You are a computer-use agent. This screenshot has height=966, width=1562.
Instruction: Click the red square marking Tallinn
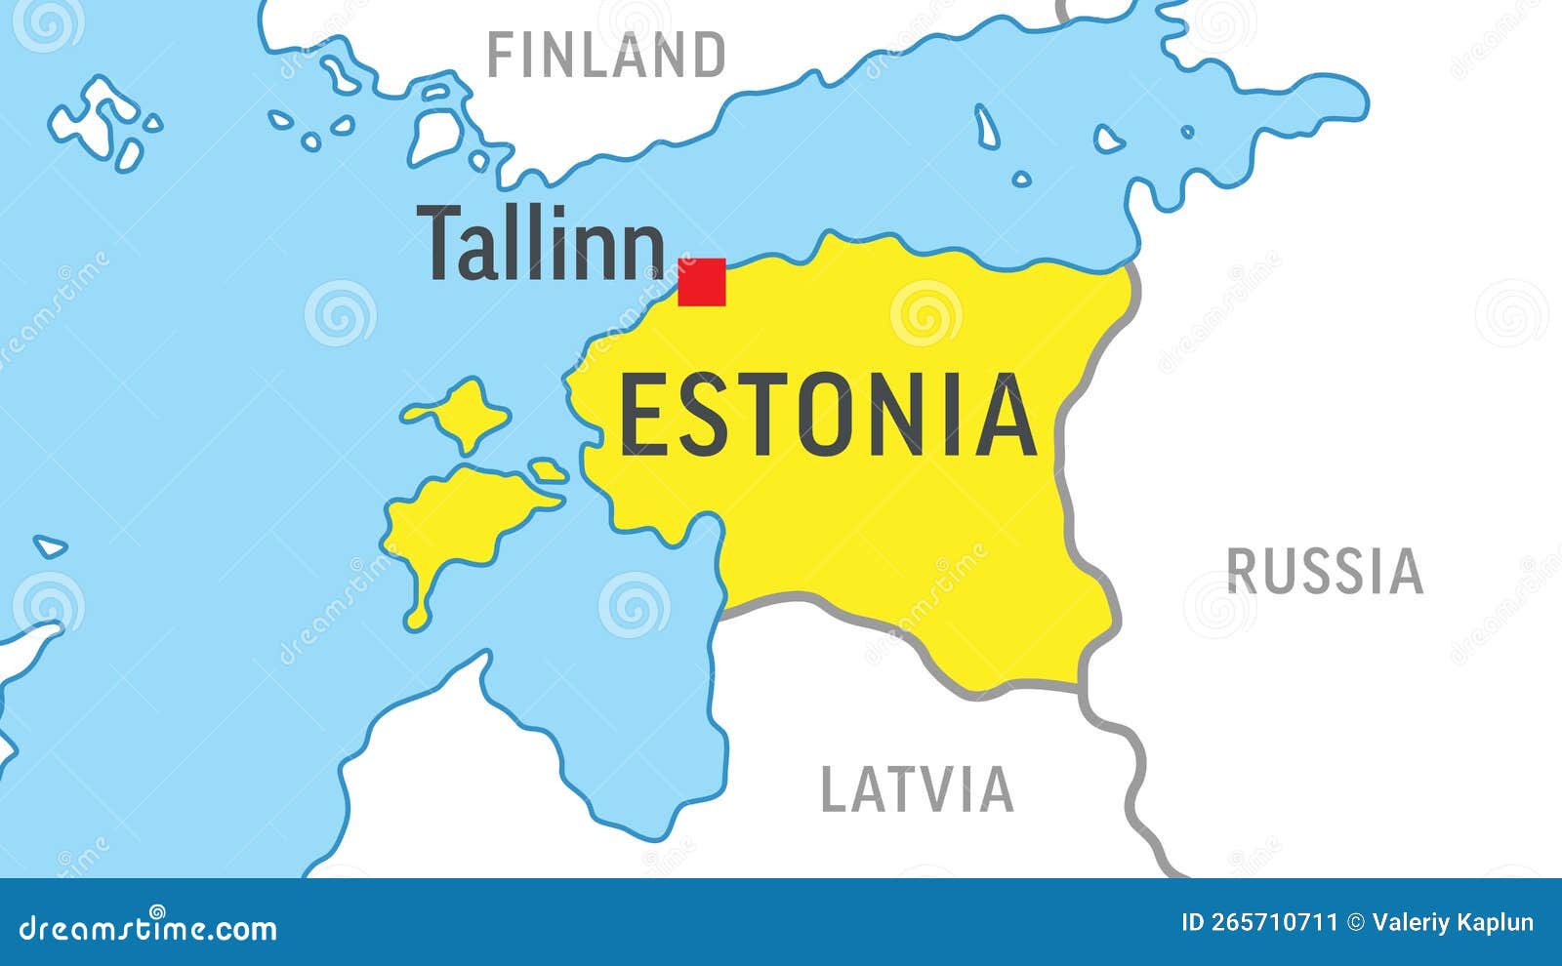702,282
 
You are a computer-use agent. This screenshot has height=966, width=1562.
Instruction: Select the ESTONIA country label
828,416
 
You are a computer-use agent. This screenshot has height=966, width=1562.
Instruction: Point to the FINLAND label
606,56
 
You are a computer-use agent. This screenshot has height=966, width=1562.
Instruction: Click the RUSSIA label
1325,572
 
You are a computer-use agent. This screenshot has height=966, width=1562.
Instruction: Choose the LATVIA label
917,789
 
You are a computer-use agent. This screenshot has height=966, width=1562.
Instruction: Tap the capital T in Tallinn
440,243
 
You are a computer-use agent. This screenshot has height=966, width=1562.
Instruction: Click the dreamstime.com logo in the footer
148,928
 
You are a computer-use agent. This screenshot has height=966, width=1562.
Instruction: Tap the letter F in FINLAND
499,56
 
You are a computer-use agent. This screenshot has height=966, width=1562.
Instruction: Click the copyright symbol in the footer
1355,922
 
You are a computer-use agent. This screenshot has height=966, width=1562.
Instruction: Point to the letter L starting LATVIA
833,789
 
